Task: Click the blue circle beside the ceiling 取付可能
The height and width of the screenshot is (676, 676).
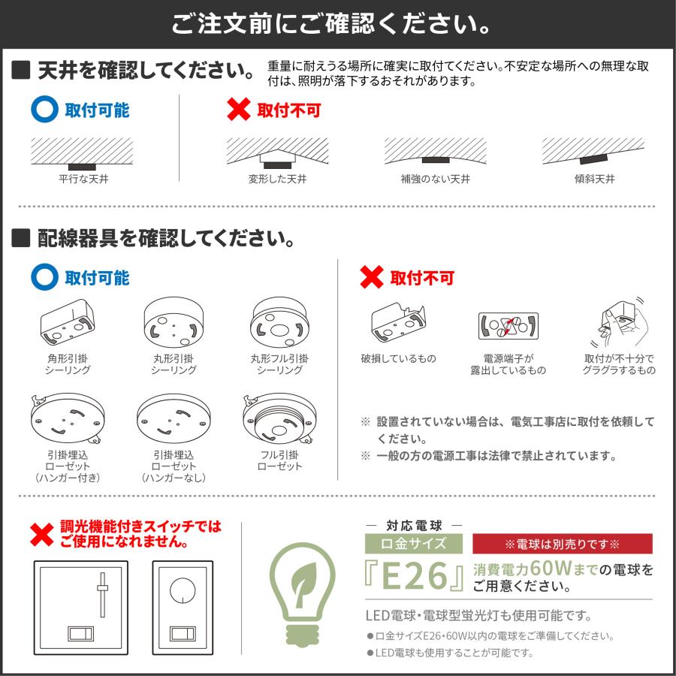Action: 44,110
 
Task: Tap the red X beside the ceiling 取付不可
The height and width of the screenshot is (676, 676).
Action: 238,110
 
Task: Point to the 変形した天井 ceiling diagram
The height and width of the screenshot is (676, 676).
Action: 277,152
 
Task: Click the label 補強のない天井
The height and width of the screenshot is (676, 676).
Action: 435,180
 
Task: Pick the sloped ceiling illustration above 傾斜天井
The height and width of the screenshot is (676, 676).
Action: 593,152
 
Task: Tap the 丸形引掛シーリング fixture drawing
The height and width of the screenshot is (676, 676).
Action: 174,324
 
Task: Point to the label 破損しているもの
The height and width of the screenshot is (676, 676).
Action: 398,358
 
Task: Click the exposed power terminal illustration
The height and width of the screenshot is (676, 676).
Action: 509,326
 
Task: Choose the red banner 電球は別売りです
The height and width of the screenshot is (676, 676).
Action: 562,543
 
